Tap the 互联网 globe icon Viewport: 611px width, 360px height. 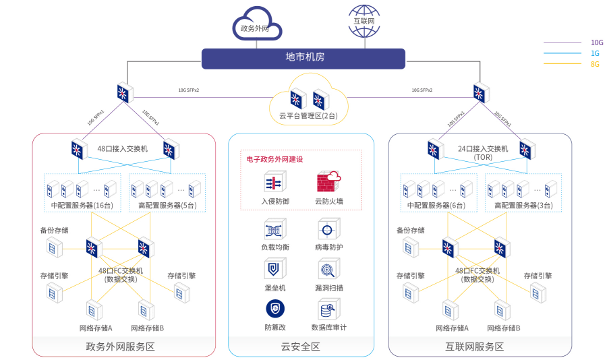363,20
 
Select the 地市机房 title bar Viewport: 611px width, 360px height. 304,58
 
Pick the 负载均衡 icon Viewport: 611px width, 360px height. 274,230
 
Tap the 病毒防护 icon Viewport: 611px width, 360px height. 328,230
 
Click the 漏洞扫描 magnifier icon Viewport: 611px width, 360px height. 328,270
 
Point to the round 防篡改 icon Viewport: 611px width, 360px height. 274,309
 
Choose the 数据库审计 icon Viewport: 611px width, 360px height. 328,310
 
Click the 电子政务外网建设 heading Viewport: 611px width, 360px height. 274,159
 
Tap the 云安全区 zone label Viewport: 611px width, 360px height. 301,347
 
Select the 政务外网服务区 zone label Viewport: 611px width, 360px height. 121,347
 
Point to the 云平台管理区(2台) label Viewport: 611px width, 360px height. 309,116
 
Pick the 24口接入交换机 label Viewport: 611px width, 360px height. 483,149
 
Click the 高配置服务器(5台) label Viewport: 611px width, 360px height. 167,205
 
